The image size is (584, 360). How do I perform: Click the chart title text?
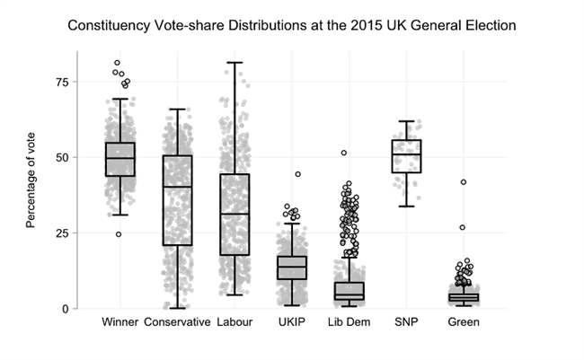tap(292, 26)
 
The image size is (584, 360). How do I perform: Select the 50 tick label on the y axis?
tap(62, 157)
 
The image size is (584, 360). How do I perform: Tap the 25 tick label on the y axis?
tap(62, 233)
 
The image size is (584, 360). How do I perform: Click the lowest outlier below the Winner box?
tap(119, 234)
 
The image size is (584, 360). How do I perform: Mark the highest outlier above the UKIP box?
tap(297, 174)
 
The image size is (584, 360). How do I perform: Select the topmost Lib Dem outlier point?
tap(344, 153)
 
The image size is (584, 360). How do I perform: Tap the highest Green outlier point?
tap(464, 182)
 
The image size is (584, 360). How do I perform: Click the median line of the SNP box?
tap(406, 154)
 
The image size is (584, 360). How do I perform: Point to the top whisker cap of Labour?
tap(234, 63)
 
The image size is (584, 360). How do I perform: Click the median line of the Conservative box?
tap(177, 187)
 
